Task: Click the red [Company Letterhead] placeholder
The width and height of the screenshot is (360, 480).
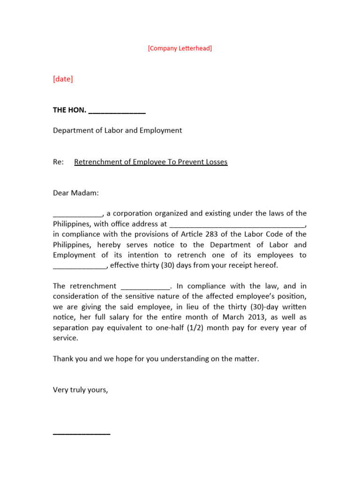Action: [x=180, y=48]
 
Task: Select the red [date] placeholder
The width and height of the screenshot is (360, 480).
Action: [x=63, y=79]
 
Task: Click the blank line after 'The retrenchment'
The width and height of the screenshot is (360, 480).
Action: [x=145, y=287]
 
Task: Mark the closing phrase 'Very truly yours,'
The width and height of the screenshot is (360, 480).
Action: [x=80, y=390]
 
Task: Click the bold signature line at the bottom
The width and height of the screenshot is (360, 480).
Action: [x=82, y=434]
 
